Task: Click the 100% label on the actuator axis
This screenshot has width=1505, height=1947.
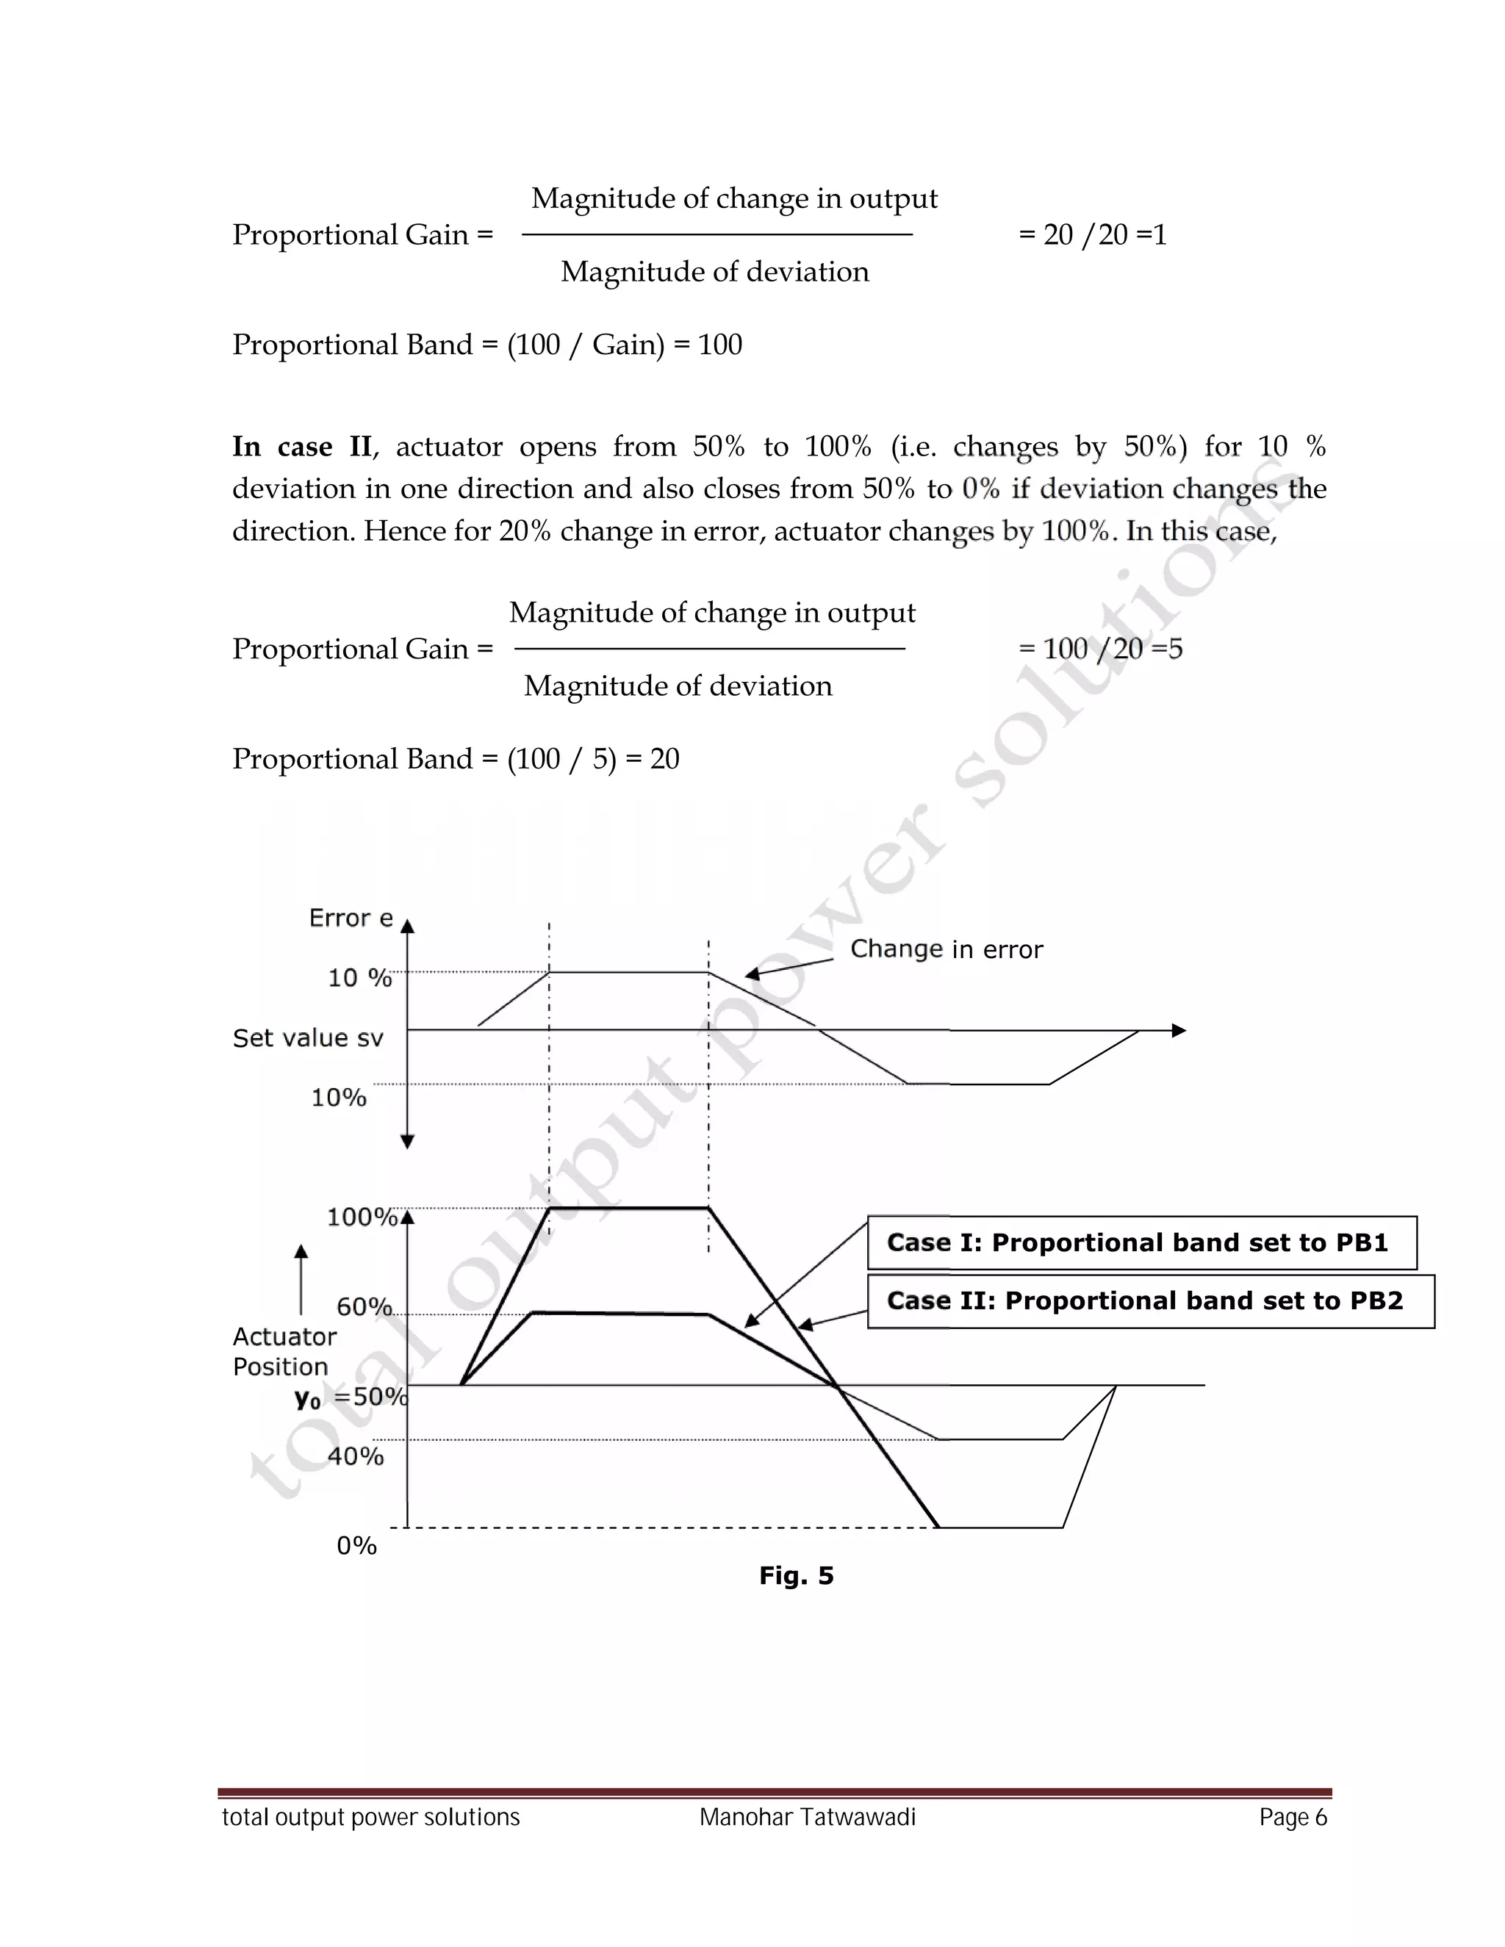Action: (361, 1217)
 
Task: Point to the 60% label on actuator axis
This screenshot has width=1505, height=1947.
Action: (364, 1307)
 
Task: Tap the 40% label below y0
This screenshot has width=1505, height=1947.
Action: (355, 1455)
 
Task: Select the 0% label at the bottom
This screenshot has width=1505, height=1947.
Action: (356, 1545)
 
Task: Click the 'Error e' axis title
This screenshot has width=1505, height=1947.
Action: (351, 918)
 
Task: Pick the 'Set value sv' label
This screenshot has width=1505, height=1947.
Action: (308, 1037)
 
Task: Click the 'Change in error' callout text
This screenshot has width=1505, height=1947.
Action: (946, 949)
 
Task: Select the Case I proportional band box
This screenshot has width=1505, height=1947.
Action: (1141, 1242)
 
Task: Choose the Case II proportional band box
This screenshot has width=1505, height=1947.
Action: (1150, 1300)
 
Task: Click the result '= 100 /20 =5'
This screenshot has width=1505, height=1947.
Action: (1100, 649)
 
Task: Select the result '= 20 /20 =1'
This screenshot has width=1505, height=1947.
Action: (1092, 234)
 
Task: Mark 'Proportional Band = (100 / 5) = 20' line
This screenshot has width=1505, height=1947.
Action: (456, 759)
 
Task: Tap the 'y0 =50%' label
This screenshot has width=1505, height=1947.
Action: (351, 1397)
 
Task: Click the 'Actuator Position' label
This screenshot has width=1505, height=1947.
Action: (284, 1351)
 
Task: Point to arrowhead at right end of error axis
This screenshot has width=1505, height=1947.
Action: (1179, 1031)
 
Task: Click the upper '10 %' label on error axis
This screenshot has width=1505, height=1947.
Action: (359, 978)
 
